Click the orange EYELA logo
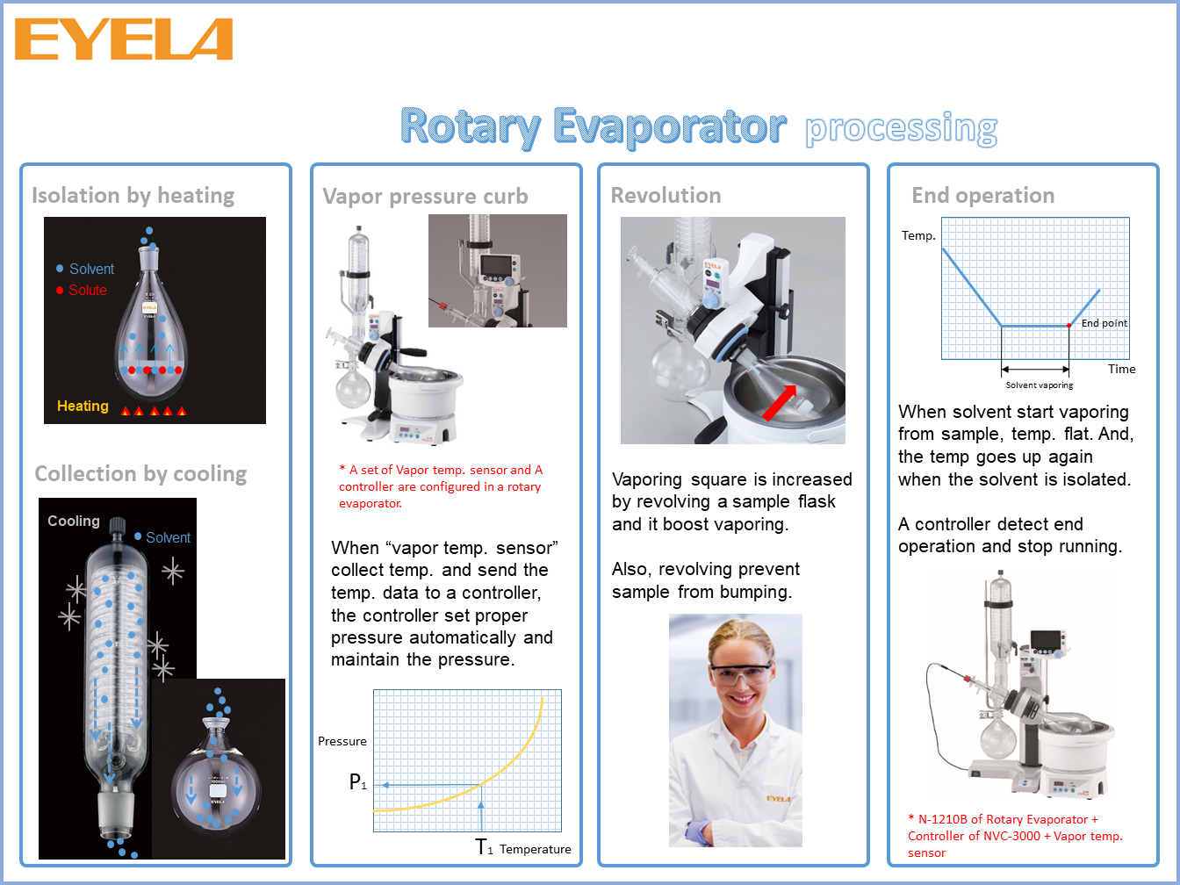click(124, 39)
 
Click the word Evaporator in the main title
click(670, 127)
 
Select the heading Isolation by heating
click(133, 196)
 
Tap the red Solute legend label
click(88, 290)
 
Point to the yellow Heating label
click(83, 406)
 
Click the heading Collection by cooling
click(140, 474)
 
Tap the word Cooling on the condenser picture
click(74, 521)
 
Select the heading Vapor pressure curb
click(425, 197)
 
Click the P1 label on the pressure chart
click(357, 781)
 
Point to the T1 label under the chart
click(484, 847)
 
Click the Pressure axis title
click(342, 742)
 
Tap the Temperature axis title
click(535, 849)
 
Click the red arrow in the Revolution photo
click(780, 402)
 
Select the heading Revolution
click(666, 196)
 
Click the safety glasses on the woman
click(741, 675)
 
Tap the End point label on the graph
click(1104, 323)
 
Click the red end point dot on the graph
click(1068, 326)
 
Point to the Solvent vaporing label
click(1040, 385)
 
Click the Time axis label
click(1121, 369)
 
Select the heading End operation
click(982, 196)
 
